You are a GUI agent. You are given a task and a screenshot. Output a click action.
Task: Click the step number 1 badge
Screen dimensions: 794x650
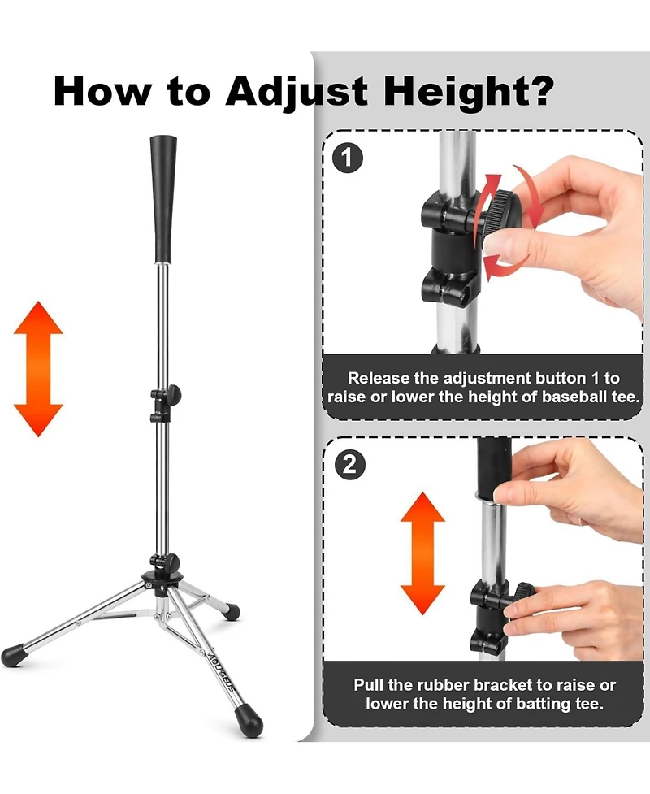[x=347, y=157]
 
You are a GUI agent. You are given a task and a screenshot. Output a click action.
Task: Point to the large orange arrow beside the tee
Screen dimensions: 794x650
[x=38, y=368]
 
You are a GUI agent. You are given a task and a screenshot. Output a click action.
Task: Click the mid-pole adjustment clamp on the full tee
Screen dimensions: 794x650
[x=164, y=404]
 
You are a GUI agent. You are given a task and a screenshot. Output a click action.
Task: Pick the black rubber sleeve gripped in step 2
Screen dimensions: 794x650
[x=494, y=471]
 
